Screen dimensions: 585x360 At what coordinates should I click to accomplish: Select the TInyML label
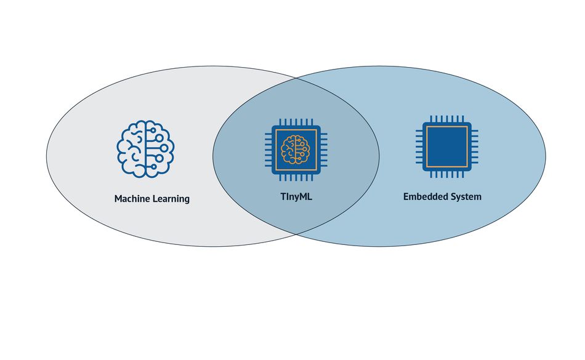pyautogui.click(x=296, y=197)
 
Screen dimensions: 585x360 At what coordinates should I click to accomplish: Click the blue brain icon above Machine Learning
pyautogui.click(x=145, y=149)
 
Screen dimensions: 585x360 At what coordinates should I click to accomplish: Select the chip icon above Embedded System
pyautogui.click(x=447, y=146)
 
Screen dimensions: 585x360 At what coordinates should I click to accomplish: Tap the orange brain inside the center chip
pyautogui.click(x=296, y=150)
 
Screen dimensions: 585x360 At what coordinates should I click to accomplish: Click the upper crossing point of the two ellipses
pyautogui.click(x=296, y=78)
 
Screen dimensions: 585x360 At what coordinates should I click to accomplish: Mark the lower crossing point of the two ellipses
pyautogui.click(x=296, y=234)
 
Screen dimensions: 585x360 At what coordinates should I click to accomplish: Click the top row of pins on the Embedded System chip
pyautogui.click(x=447, y=119)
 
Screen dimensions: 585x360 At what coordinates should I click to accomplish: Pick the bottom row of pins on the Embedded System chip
pyautogui.click(x=447, y=174)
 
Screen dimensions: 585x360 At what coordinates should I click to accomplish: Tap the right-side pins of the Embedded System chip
pyautogui.click(x=475, y=147)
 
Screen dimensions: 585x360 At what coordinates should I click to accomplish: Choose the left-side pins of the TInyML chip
pyautogui.click(x=268, y=150)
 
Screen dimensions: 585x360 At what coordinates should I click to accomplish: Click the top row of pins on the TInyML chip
pyautogui.click(x=296, y=122)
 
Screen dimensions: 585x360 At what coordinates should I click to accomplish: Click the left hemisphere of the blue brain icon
pyautogui.click(x=131, y=149)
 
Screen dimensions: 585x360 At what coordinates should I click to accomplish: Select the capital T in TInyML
pyautogui.click(x=283, y=196)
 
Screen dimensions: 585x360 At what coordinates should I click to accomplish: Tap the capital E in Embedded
pyautogui.click(x=406, y=196)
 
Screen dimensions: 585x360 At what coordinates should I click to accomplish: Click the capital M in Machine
pyautogui.click(x=118, y=199)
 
